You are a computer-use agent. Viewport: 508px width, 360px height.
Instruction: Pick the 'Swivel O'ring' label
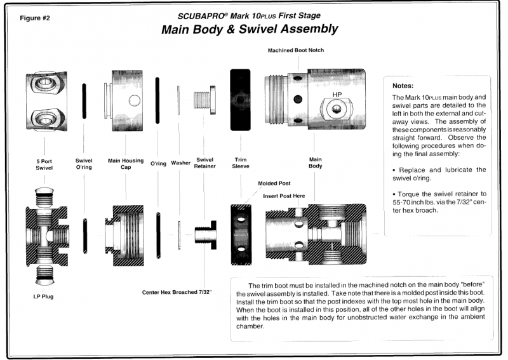coord(84,165)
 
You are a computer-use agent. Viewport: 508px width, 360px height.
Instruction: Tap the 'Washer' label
coord(182,163)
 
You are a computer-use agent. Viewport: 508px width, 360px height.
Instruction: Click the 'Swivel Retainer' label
coord(204,165)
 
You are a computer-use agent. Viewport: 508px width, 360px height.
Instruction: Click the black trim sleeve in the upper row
coord(240,100)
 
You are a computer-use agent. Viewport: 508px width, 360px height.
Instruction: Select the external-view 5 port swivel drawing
coord(44,100)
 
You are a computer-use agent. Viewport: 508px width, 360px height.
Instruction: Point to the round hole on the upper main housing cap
coord(133,100)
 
